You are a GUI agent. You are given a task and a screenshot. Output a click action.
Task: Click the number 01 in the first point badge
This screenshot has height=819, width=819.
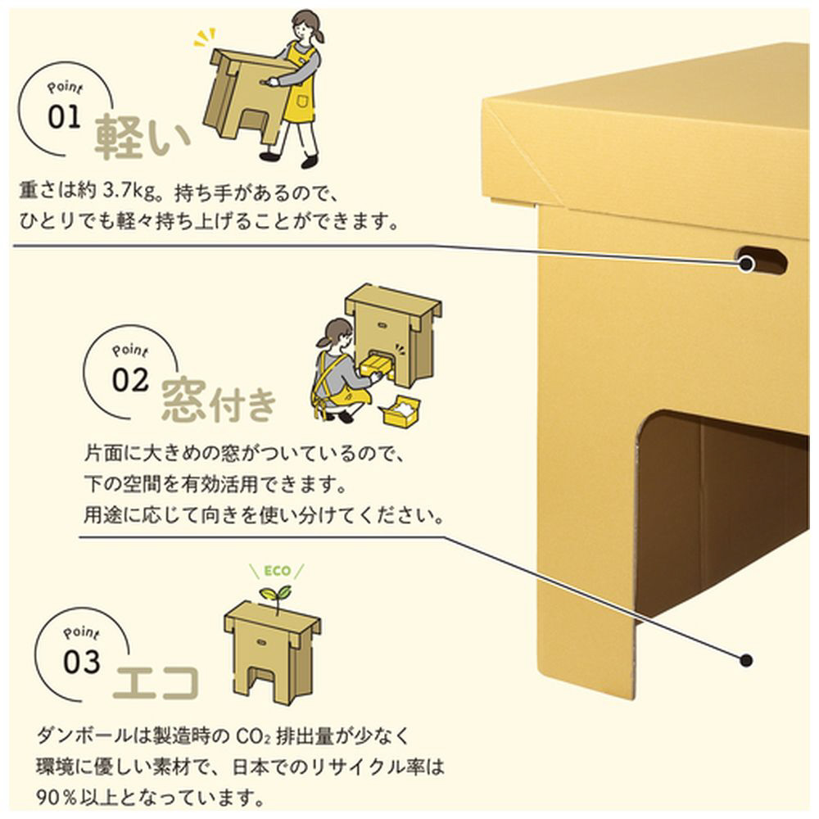tap(65, 117)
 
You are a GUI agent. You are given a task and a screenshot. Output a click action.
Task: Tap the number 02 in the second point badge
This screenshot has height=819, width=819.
tap(131, 381)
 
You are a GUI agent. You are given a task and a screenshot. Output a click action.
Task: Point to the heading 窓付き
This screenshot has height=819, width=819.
tap(219, 401)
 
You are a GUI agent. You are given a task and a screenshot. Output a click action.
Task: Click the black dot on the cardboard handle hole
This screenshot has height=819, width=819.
tap(746, 264)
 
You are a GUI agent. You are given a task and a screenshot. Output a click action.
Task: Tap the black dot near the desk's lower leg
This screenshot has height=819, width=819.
tap(745, 660)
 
